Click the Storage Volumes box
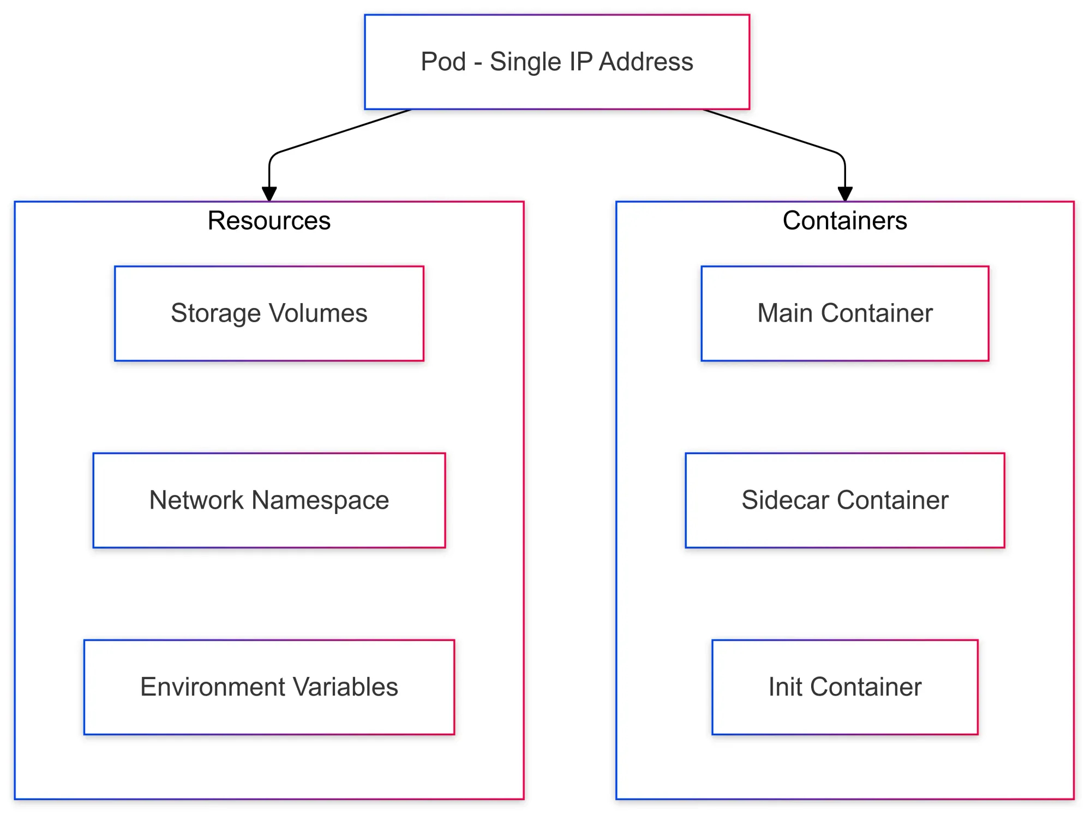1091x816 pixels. coord(269,313)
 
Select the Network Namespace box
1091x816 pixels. coord(269,500)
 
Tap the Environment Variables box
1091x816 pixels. coord(269,687)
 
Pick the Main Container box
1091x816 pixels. coord(844,313)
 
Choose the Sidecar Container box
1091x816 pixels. coord(844,500)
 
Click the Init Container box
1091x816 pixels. coord(844,687)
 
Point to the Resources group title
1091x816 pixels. coord(269,221)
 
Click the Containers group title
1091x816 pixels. coord(844,221)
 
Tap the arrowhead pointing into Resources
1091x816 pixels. coord(269,194)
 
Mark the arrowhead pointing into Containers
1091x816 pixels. coord(844,194)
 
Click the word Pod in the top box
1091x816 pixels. coord(443,62)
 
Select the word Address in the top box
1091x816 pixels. coord(646,62)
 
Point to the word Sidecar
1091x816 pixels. coord(785,500)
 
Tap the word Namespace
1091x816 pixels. coord(320,501)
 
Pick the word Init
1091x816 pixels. coord(785,687)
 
